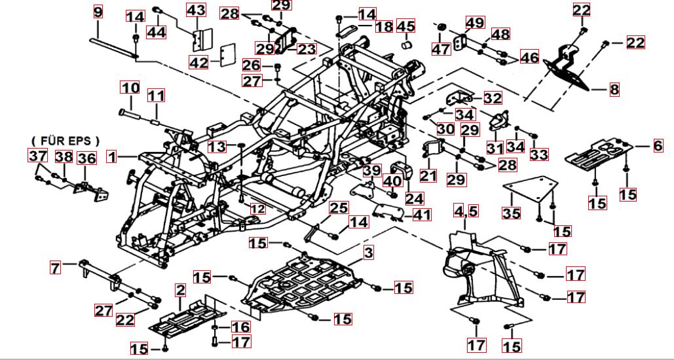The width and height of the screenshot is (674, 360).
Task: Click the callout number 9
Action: [x=98, y=12]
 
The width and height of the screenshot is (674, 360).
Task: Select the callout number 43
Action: [x=196, y=10]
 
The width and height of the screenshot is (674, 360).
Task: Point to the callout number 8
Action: [x=614, y=90]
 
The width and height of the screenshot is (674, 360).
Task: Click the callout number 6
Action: [x=658, y=147]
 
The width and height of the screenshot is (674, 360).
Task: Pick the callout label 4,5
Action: [x=467, y=211]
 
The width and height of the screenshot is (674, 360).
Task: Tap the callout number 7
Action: [x=56, y=267]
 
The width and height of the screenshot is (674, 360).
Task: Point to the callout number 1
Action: [x=113, y=157]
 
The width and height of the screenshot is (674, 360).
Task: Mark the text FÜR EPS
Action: [x=66, y=140]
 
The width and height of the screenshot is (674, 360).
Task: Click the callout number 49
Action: [x=475, y=22]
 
